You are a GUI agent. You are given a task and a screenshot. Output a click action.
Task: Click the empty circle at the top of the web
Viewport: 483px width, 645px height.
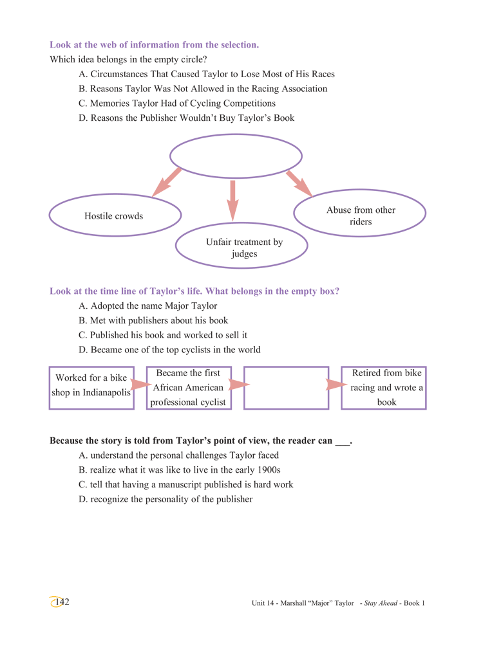pos(236,135)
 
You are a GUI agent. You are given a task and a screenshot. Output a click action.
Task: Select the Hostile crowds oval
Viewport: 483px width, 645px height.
pos(115,195)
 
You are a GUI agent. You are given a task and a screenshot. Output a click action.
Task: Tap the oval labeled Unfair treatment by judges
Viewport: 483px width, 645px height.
pos(241,224)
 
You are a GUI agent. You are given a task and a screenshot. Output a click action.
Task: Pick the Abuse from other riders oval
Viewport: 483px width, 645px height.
pos(360,190)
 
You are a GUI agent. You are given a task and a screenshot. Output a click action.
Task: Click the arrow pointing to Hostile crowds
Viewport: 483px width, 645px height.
pos(167,182)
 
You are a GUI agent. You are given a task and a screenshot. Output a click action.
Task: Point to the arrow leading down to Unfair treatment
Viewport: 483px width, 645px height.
pos(233,201)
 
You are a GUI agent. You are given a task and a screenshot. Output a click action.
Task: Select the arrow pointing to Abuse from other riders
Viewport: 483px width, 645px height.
pos(299,183)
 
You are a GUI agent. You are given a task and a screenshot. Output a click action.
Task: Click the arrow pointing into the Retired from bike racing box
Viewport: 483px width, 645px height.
pos(336,385)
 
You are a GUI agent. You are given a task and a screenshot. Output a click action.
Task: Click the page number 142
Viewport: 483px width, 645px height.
pos(62,602)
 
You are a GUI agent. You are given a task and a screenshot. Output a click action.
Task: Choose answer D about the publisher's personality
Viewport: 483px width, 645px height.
pos(166,500)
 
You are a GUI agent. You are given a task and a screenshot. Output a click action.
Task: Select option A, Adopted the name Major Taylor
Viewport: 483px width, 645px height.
pos(148,306)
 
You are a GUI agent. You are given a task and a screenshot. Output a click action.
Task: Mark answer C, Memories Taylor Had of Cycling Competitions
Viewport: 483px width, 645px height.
pos(177,104)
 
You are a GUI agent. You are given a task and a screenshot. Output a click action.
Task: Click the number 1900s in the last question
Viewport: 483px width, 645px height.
pos(269,470)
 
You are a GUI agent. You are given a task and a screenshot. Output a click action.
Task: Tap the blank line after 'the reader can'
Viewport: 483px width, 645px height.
pos(342,444)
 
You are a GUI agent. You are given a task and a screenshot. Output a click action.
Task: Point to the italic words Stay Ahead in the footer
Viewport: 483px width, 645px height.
pos(381,603)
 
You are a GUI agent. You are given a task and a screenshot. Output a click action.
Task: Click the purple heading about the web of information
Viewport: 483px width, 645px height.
pos(155,44)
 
